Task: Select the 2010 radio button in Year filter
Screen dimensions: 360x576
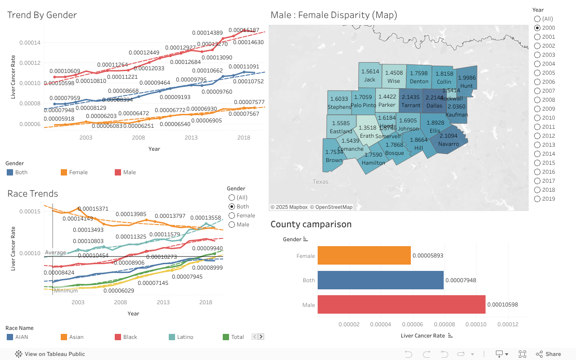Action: click(537, 118)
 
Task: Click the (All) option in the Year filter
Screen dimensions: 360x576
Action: click(537, 19)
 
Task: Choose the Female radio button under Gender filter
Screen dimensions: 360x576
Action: click(232, 216)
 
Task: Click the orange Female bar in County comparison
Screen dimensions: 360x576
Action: click(364, 256)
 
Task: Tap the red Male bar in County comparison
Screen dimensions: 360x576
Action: click(401, 305)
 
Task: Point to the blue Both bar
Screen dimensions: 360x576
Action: click(380, 280)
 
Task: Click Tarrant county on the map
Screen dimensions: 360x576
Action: click(410, 101)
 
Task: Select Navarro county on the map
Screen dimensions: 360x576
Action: click(448, 139)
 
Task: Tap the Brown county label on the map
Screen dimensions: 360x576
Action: click(334, 160)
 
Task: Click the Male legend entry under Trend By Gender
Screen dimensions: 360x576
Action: click(129, 172)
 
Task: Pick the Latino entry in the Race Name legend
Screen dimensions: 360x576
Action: click(185, 337)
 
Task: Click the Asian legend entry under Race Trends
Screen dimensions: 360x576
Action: click(76, 337)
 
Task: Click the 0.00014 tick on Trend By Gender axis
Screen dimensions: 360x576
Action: click(30, 43)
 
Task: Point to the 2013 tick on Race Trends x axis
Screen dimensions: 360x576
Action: click(163, 302)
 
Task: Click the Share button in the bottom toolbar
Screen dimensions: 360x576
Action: click(548, 354)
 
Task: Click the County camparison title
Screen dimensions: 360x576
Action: click(311, 224)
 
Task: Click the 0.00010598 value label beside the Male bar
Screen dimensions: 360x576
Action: click(502, 305)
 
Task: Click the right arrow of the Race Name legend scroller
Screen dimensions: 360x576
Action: click(261, 337)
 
